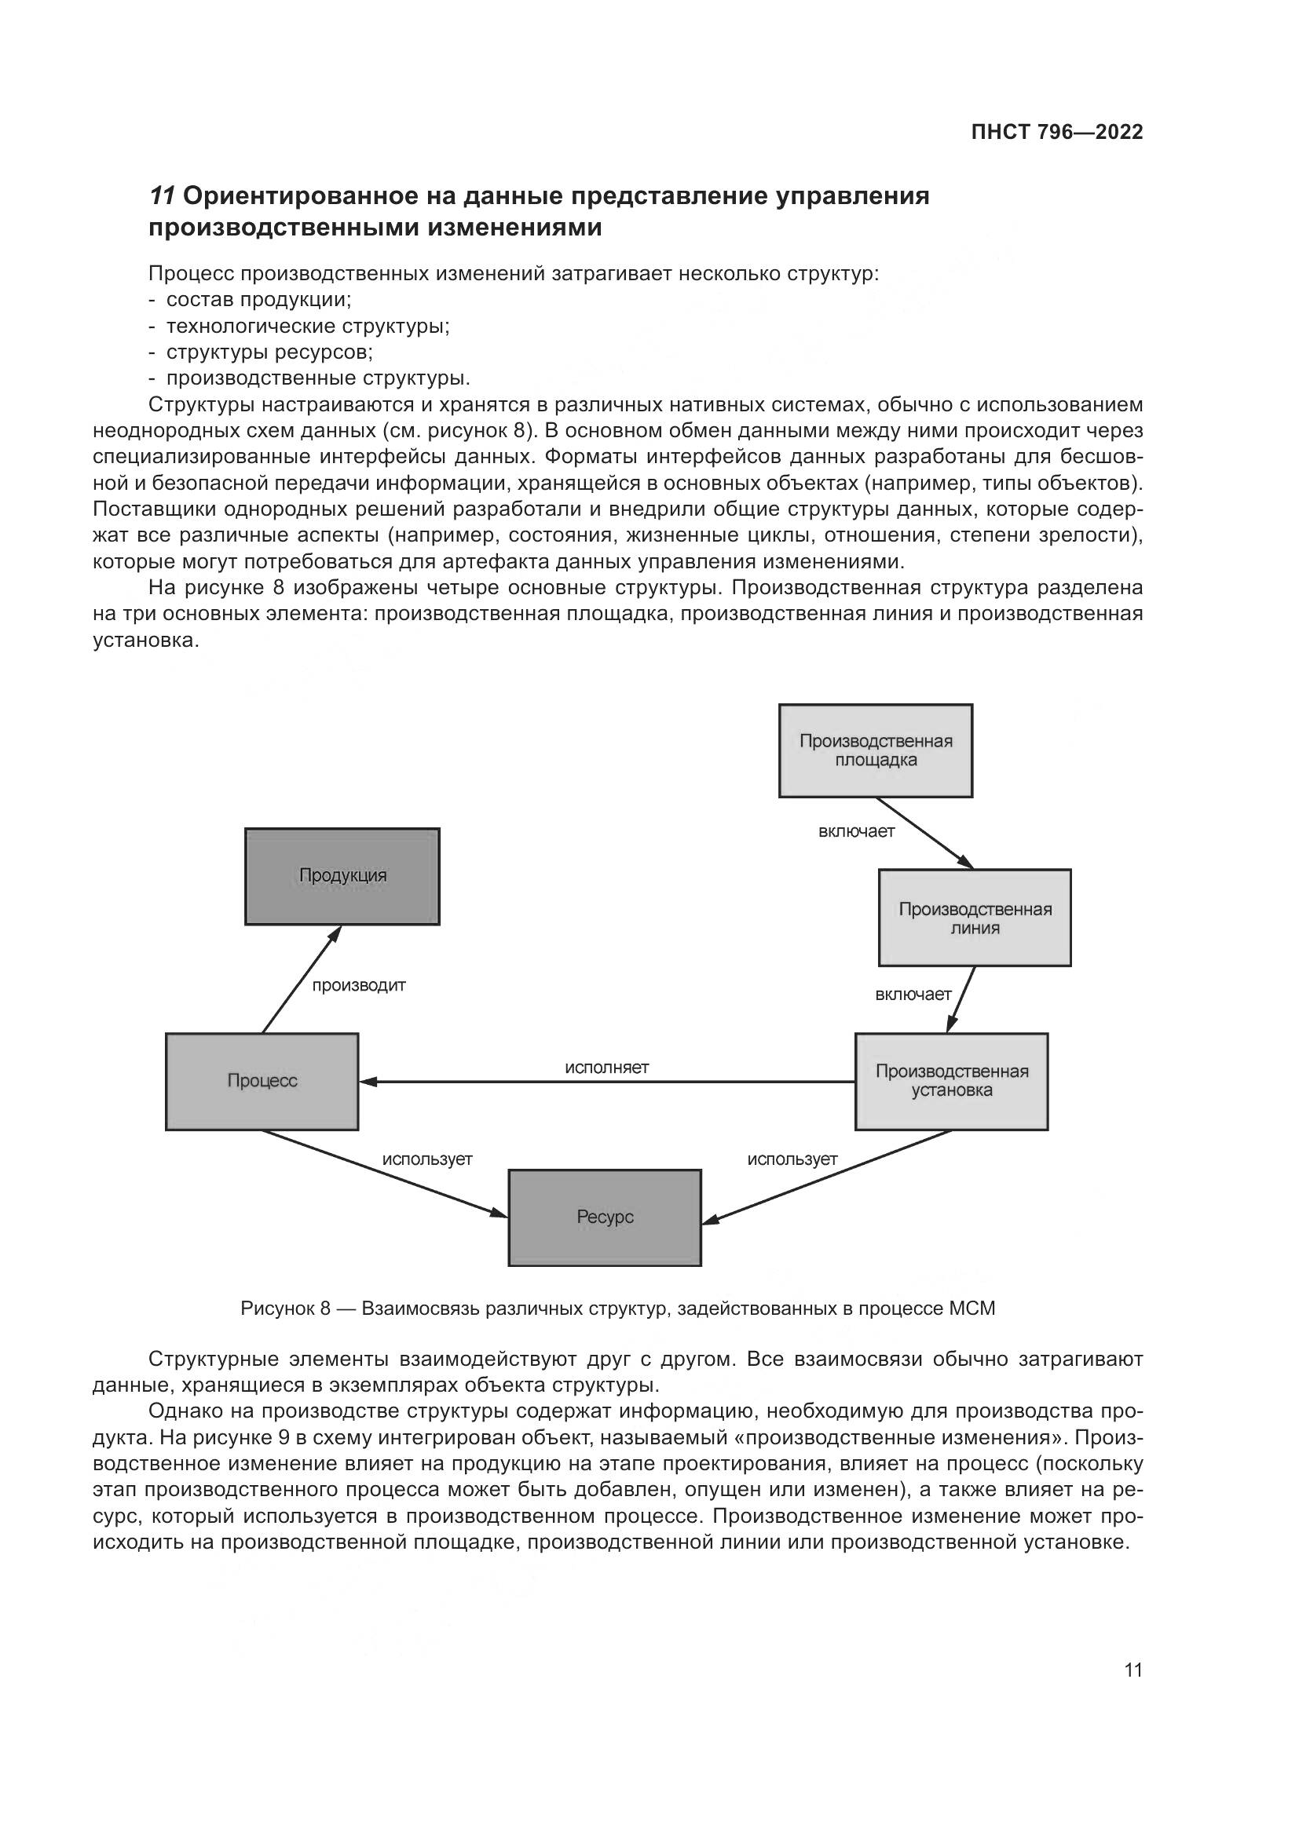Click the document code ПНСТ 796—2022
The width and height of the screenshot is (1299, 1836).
point(1056,133)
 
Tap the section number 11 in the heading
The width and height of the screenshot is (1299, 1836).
point(163,196)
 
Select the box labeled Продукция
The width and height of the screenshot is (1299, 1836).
point(342,877)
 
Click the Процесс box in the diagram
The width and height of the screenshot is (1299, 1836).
point(262,1081)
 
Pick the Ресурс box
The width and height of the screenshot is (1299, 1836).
point(605,1217)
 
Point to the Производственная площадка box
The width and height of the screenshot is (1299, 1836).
point(876,750)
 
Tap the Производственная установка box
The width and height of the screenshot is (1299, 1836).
point(951,1081)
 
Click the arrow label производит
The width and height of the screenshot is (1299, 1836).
point(358,986)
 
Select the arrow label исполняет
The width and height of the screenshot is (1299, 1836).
point(606,1068)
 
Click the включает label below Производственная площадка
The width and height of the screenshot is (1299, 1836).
point(856,831)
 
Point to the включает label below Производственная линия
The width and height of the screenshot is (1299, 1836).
point(913,995)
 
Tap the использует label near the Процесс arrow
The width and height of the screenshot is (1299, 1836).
point(427,1159)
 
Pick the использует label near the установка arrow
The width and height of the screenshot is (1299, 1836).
point(792,1159)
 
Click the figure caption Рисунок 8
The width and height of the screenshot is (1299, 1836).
point(617,1309)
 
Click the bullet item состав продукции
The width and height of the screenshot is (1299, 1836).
point(258,300)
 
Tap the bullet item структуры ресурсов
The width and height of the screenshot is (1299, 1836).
point(269,352)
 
